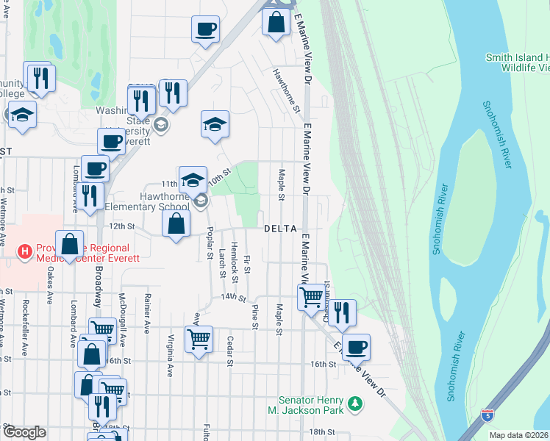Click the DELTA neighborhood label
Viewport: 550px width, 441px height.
coord(281,229)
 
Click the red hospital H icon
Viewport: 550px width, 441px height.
coord(26,253)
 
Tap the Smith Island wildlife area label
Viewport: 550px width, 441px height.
coord(518,62)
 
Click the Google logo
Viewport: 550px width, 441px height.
coord(24,432)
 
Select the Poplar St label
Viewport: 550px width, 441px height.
coord(210,248)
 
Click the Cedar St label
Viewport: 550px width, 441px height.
coord(230,351)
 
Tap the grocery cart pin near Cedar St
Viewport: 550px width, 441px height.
coord(199,339)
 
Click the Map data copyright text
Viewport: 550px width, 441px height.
coord(519,435)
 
